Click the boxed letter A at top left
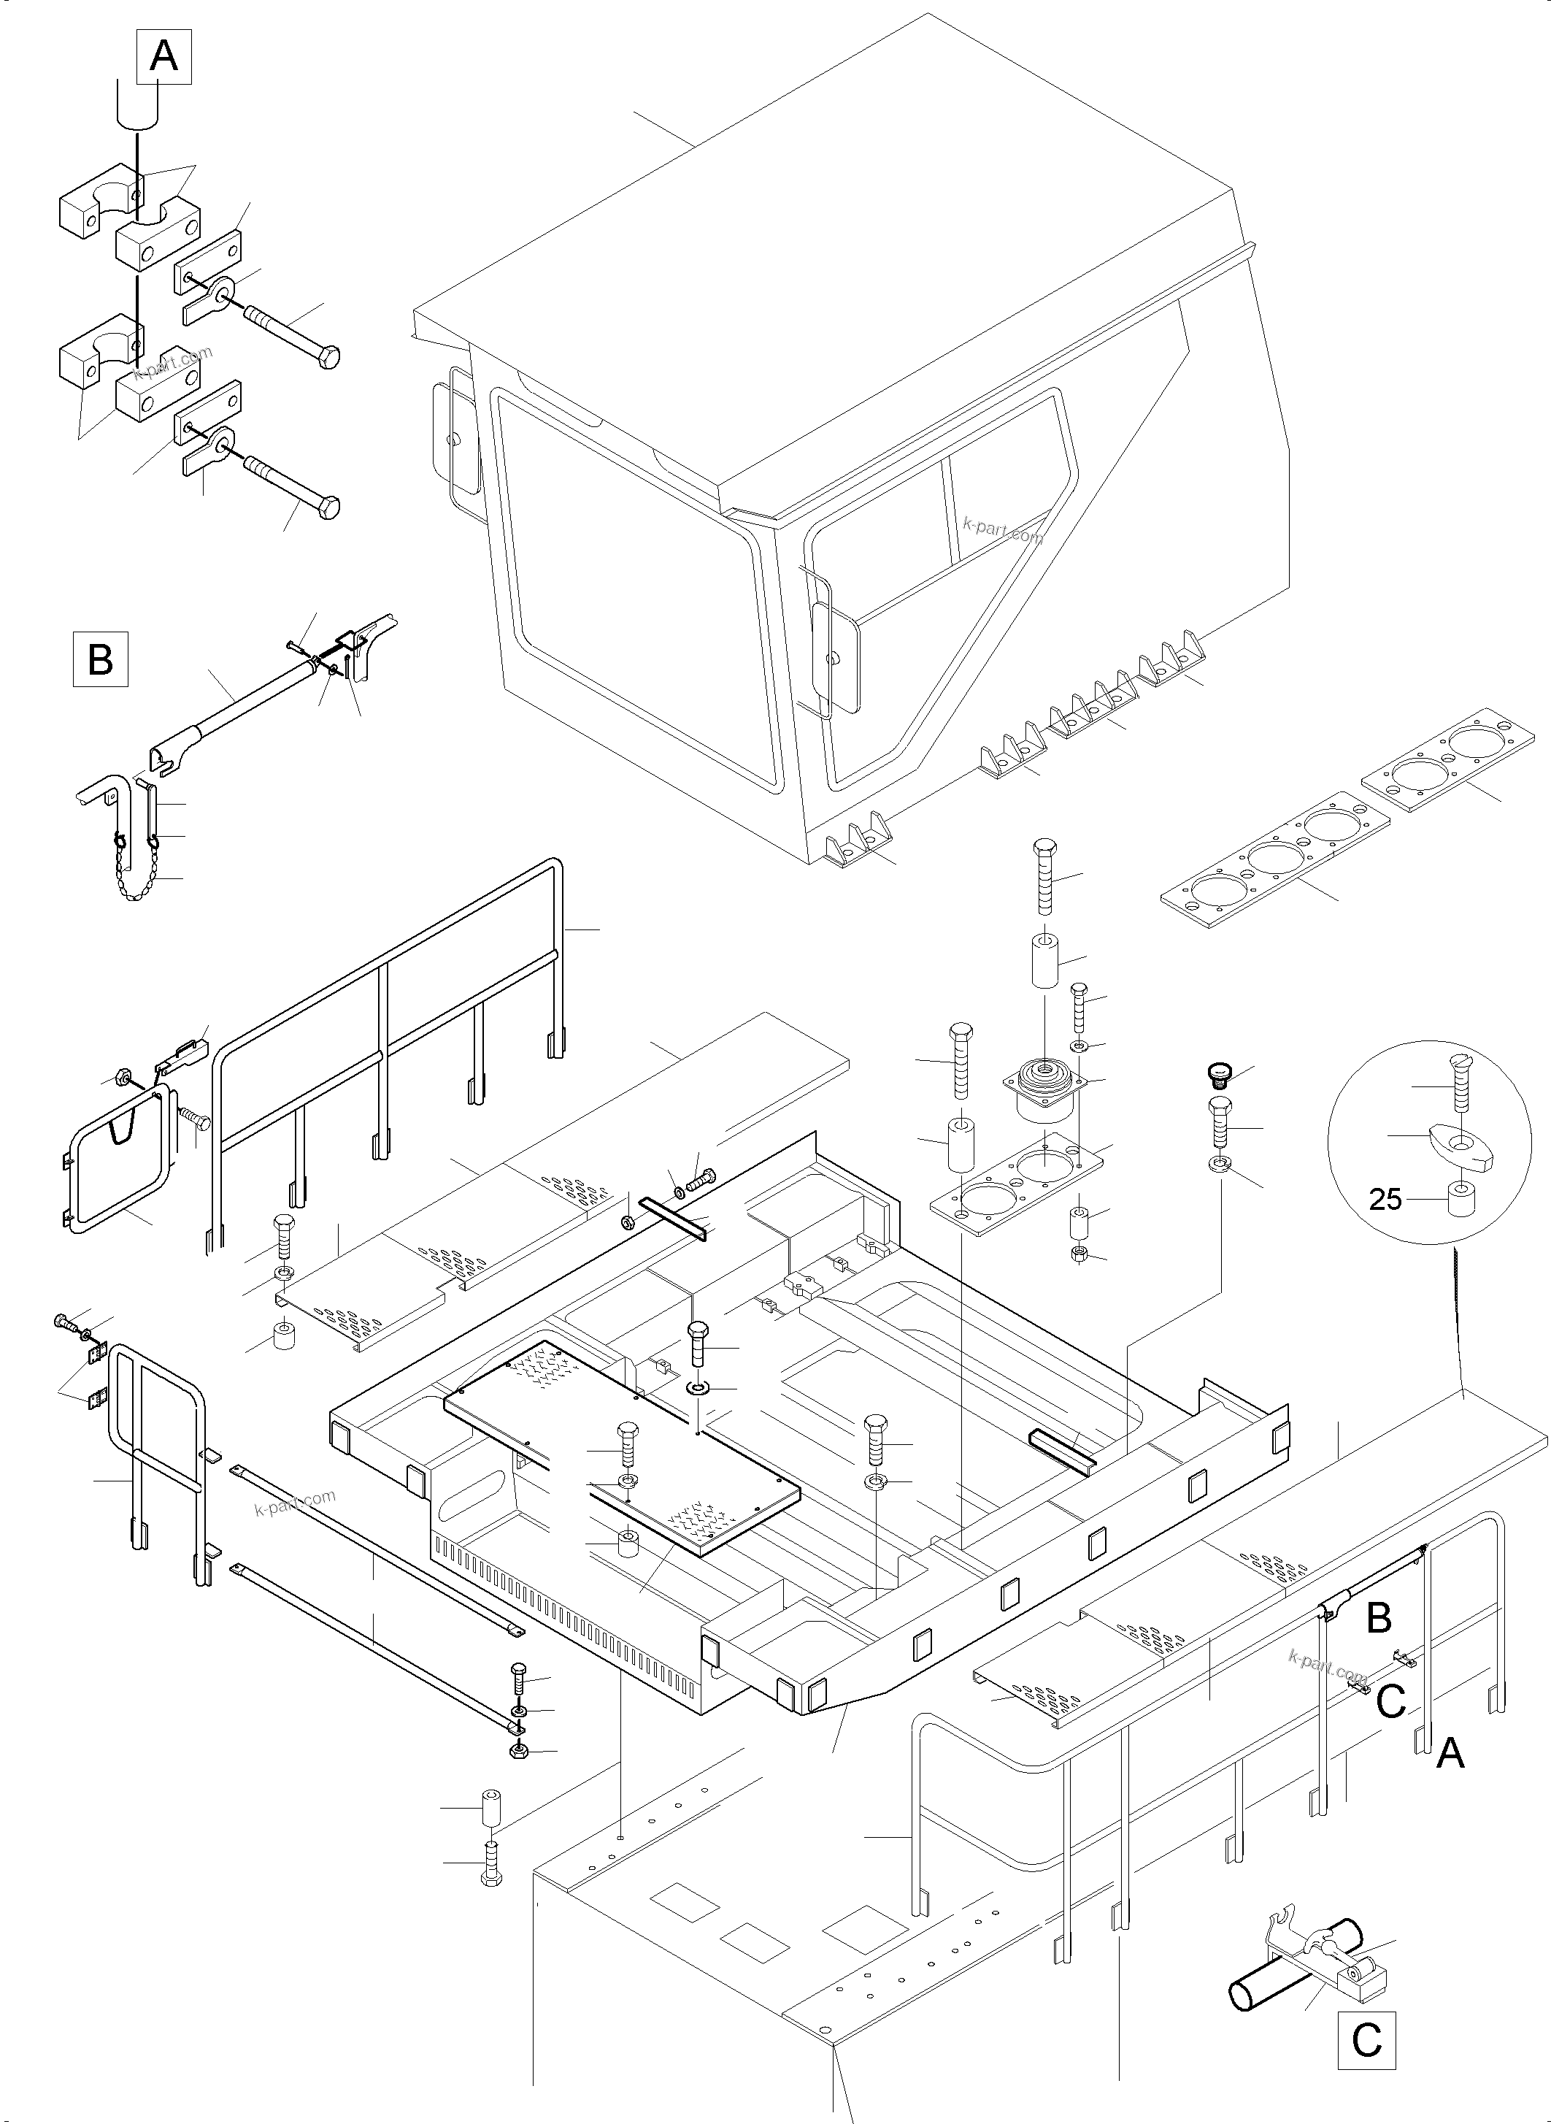pos(164,56)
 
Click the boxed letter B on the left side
pos(101,659)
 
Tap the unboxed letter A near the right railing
pos(1450,1752)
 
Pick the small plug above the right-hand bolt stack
pos(1219,1073)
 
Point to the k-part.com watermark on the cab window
pos(1002,532)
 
